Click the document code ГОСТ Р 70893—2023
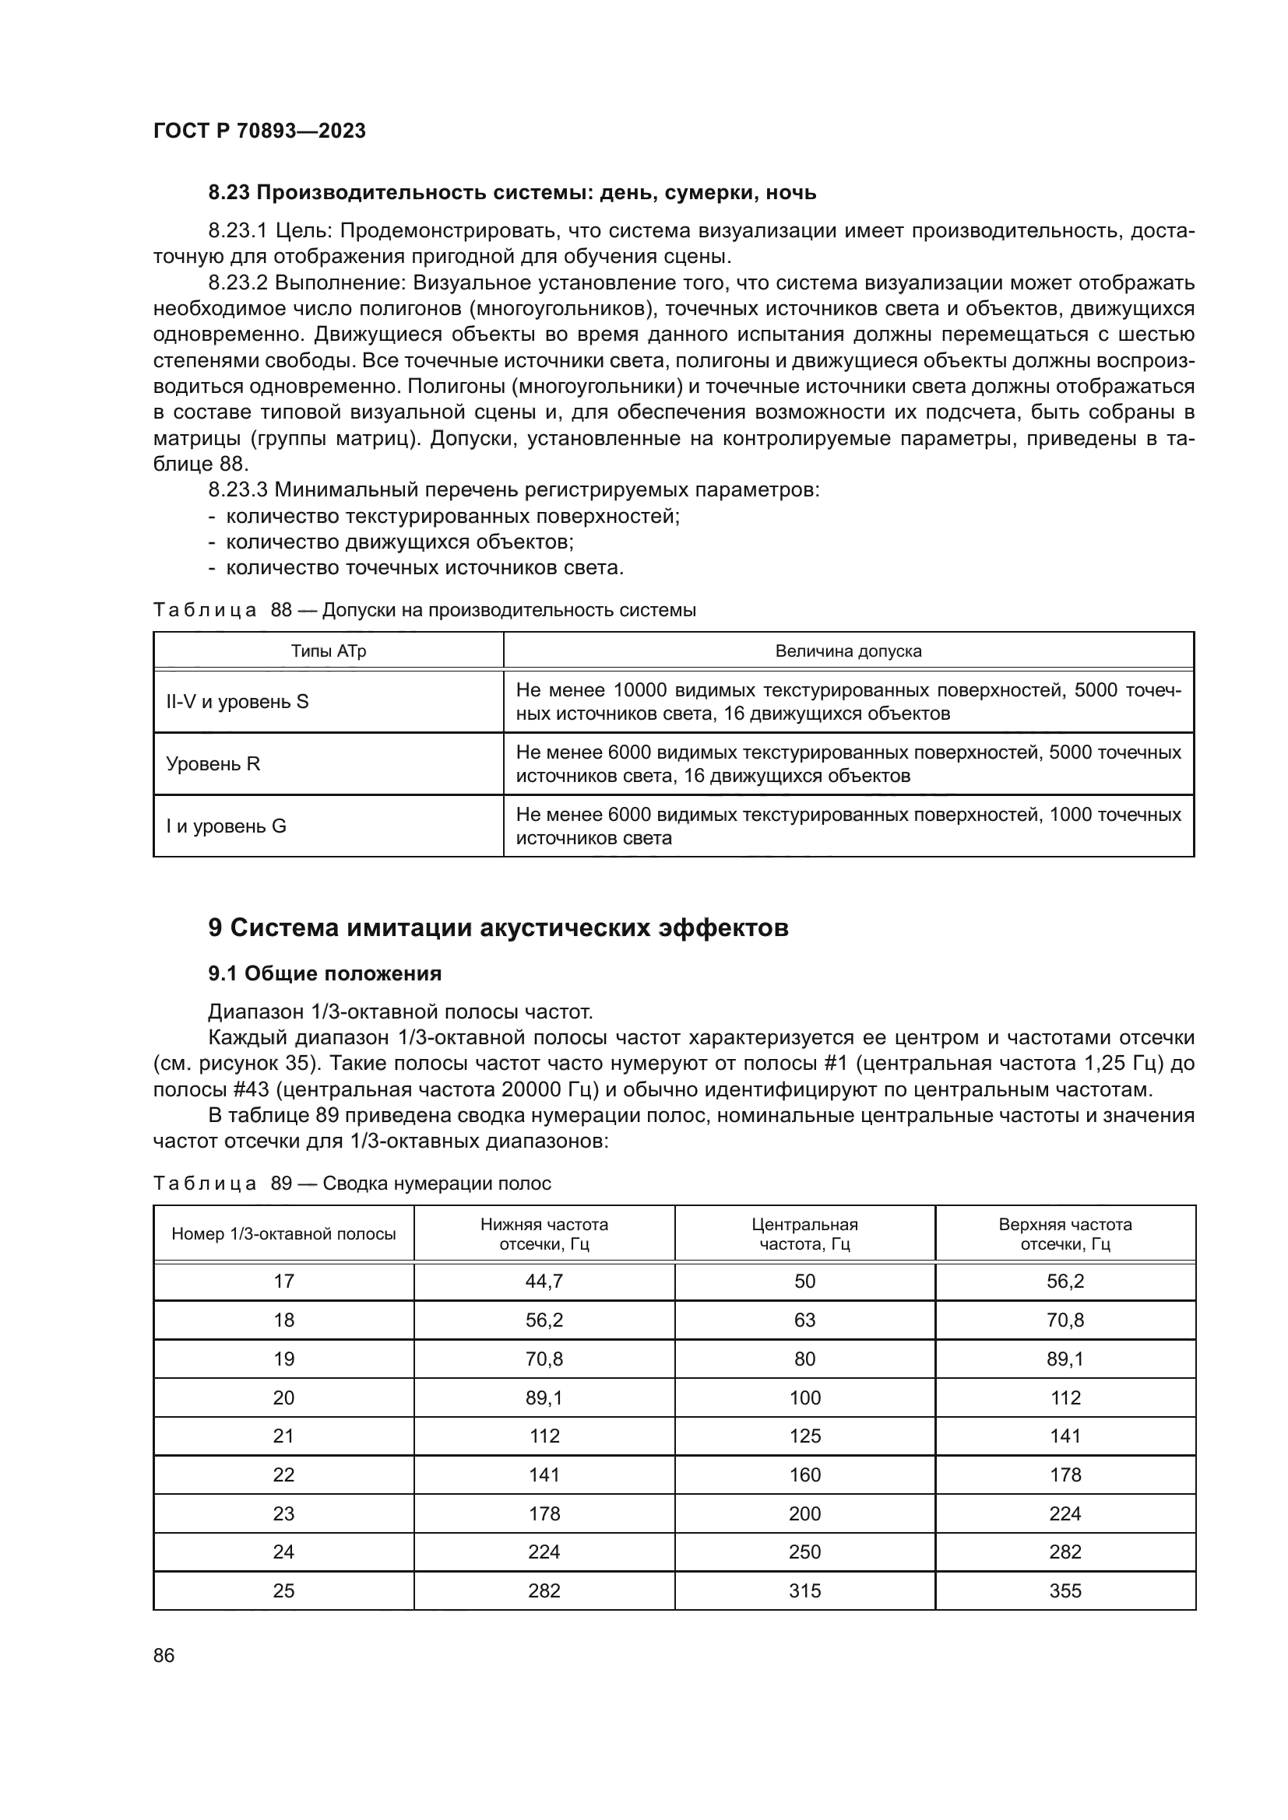[x=259, y=131]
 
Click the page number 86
[x=164, y=1655]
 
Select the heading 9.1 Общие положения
[x=325, y=973]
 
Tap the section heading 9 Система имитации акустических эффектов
[x=498, y=927]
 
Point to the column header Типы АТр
[x=329, y=651]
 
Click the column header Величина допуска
[x=848, y=651]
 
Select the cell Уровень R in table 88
[x=213, y=763]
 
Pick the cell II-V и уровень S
[x=238, y=701]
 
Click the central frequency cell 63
[x=804, y=1320]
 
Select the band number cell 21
[x=283, y=1436]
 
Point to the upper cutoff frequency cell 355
[x=1065, y=1591]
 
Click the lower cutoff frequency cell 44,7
[x=544, y=1281]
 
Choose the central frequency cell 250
[x=804, y=1552]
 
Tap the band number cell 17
[x=283, y=1281]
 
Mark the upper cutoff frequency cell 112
[x=1065, y=1397]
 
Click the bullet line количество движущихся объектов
[x=399, y=542]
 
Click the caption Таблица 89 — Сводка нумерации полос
[x=351, y=1184]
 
